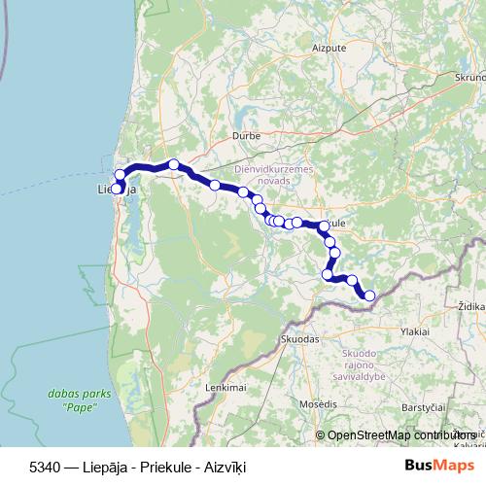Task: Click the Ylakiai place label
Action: (409, 331)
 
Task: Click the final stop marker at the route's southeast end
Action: (369, 295)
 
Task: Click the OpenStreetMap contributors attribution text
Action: (399, 435)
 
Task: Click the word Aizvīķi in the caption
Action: (225, 468)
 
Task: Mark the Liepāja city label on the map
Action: (118, 190)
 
